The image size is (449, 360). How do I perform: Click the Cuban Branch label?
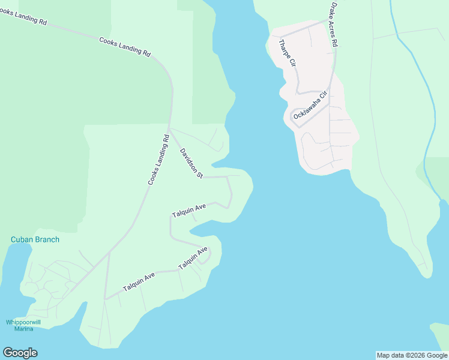(x=35, y=239)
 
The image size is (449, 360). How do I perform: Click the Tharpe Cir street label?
(x=288, y=53)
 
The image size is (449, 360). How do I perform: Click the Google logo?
(x=20, y=353)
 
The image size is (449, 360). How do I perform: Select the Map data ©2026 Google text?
(x=412, y=355)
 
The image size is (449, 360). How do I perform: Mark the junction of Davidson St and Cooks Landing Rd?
(x=170, y=128)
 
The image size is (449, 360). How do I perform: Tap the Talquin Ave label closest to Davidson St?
(x=188, y=211)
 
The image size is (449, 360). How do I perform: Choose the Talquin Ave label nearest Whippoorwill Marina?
(x=139, y=281)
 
